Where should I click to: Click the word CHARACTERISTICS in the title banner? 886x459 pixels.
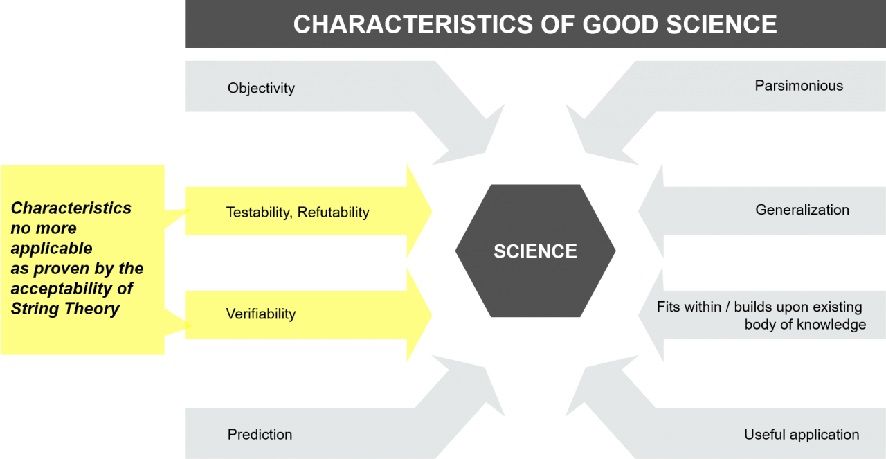pos(414,24)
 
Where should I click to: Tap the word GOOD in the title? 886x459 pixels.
pos(621,24)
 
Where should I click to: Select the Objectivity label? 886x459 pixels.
pos(261,88)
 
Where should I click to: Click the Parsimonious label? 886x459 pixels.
pos(799,85)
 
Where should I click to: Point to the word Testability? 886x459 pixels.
pos(259,213)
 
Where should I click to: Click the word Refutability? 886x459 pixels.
pos(334,213)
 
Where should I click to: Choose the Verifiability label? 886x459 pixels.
pos(261,314)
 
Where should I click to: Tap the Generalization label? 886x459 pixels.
pos(802,210)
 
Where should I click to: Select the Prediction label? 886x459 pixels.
pos(260,435)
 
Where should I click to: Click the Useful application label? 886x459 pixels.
pos(802,435)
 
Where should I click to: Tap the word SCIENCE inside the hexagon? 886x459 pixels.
pos(535,251)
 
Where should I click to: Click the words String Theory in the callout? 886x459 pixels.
pos(65,309)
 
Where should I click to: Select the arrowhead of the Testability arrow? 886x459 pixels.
pos(419,211)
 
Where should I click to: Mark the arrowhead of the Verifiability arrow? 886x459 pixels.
pos(419,315)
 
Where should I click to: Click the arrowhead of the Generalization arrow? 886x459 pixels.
pos(651,211)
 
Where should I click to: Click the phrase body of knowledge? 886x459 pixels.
pos(805,325)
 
